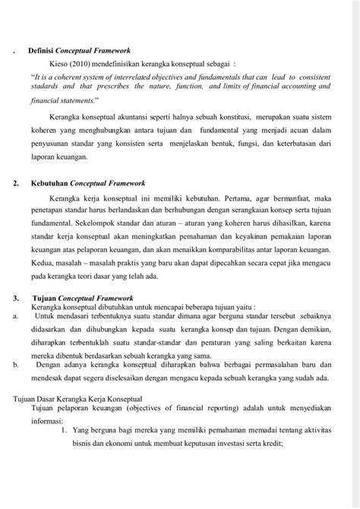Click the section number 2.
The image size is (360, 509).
pyautogui.click(x=17, y=183)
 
